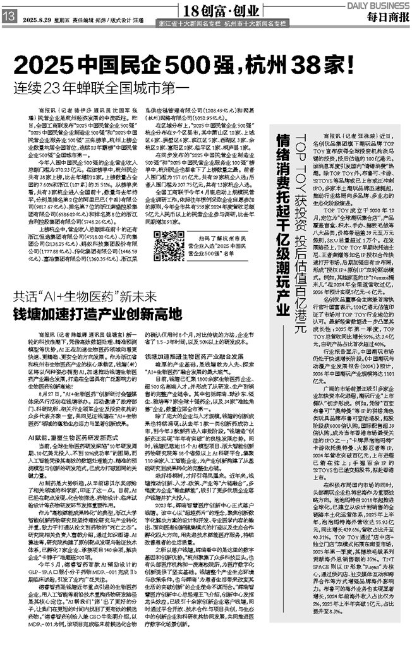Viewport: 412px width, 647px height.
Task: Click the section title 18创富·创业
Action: pos(217,10)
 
